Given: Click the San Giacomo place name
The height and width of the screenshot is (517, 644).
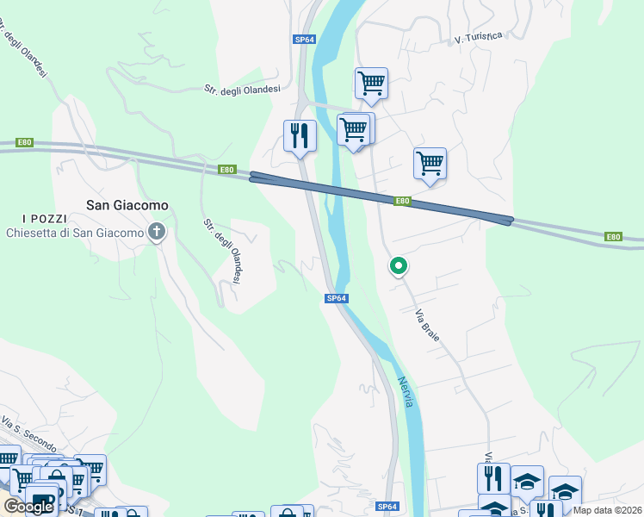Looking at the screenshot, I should click(x=127, y=205).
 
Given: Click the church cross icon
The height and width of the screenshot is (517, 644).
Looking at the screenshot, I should click(x=157, y=231).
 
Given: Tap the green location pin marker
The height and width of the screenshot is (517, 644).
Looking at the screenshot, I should click(x=398, y=267).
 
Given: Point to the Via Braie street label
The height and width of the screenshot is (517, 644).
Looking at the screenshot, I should click(x=428, y=325).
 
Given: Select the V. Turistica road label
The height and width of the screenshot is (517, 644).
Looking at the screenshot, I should click(x=478, y=37).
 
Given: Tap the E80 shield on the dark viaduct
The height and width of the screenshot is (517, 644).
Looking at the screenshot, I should click(x=402, y=201).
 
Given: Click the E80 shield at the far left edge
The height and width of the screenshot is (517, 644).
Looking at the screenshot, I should click(x=24, y=143).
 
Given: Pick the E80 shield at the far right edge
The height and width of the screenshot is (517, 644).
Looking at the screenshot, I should click(x=612, y=236).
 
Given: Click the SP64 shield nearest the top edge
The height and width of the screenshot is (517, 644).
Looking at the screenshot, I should click(x=305, y=40).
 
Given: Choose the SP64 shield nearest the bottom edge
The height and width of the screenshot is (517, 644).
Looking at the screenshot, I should click(x=387, y=507).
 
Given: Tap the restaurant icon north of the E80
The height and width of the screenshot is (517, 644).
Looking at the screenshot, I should click(x=300, y=136).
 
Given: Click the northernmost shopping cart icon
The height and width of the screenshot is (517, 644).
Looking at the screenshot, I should click(x=371, y=84).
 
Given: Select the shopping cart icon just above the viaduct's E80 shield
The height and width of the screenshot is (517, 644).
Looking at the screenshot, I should click(x=430, y=163).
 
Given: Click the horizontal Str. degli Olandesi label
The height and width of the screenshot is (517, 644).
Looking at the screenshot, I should click(x=242, y=89).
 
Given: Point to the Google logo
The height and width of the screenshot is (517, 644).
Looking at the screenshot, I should click(x=28, y=507).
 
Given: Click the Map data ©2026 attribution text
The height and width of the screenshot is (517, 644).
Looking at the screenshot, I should click(x=608, y=510).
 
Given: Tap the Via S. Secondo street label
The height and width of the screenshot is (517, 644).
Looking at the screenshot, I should click(x=28, y=436).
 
